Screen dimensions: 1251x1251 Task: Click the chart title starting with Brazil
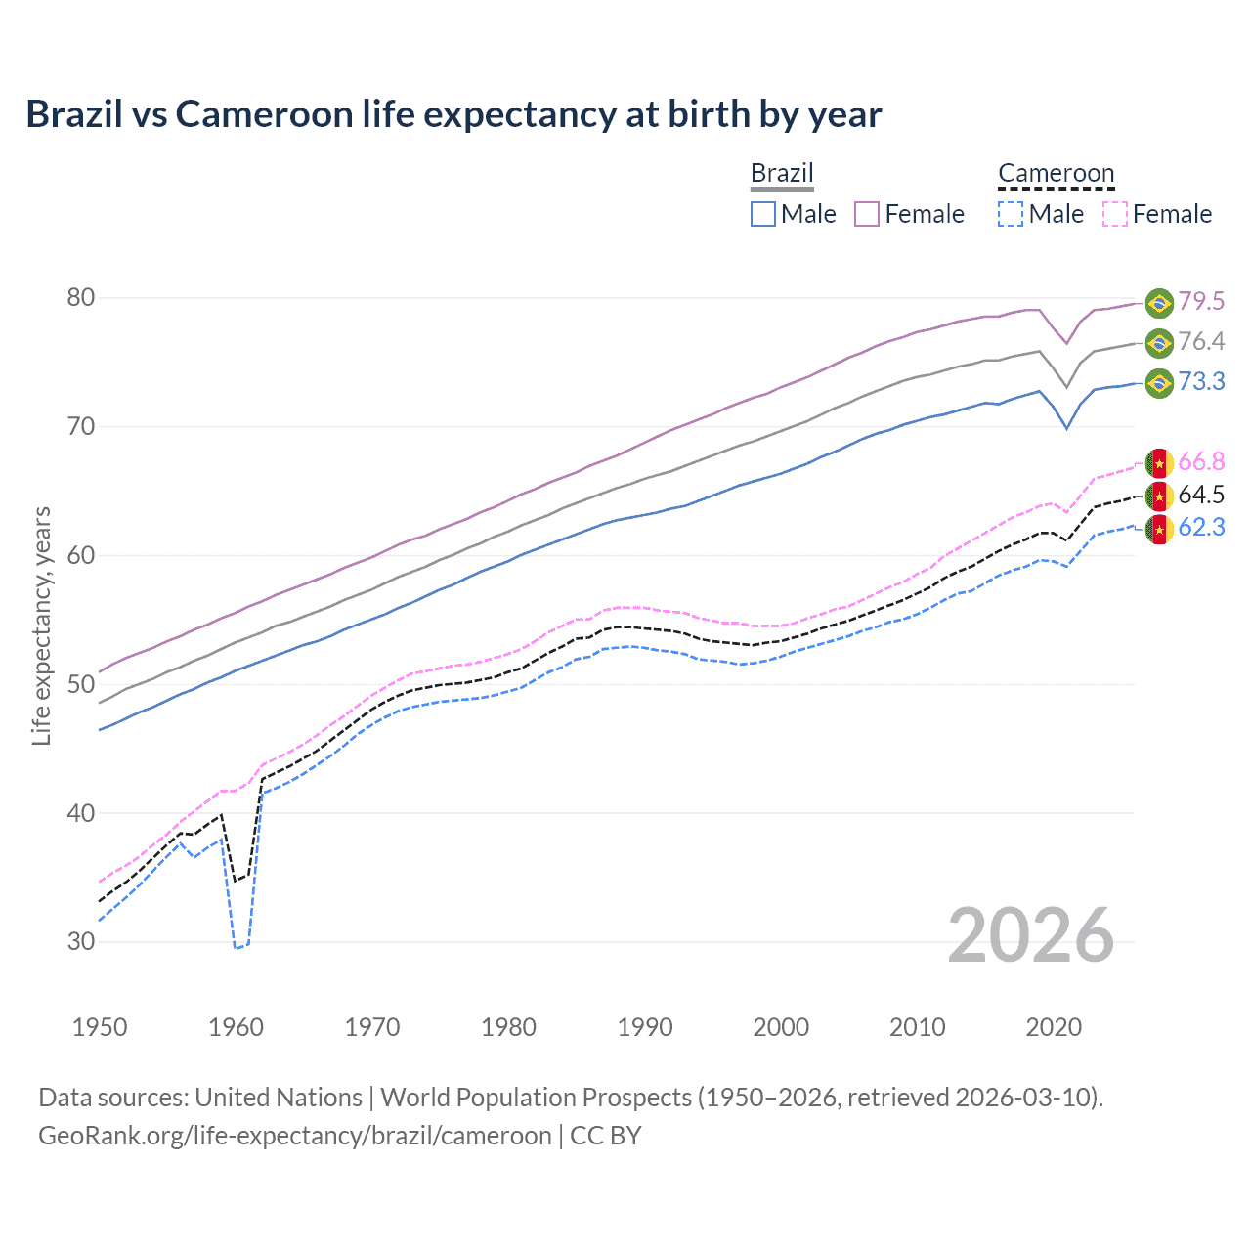point(453,114)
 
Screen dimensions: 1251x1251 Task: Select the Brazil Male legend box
point(763,214)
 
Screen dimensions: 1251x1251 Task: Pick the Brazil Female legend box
point(867,214)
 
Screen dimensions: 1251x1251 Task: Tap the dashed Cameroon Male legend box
point(1011,214)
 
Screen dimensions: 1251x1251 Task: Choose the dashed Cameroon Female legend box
point(1115,214)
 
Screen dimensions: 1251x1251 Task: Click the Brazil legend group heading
point(782,173)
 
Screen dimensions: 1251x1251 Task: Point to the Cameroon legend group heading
point(1056,173)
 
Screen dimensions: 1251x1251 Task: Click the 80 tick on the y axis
point(81,297)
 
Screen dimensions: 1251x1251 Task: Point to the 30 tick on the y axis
point(81,942)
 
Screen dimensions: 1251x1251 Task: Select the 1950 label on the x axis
point(100,1027)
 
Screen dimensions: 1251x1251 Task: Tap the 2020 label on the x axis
point(1054,1027)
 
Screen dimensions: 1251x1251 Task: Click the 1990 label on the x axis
point(645,1027)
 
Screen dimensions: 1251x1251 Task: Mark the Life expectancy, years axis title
point(41,625)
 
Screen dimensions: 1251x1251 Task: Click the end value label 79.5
point(1201,301)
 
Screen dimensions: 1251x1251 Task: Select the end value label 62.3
point(1201,528)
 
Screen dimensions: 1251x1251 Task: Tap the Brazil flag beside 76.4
point(1159,342)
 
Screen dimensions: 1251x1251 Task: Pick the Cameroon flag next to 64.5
point(1159,496)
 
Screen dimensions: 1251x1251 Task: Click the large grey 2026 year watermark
point(1031,935)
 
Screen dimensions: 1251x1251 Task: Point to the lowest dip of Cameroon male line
point(236,948)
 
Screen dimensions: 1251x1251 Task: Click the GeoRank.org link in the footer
point(295,1136)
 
